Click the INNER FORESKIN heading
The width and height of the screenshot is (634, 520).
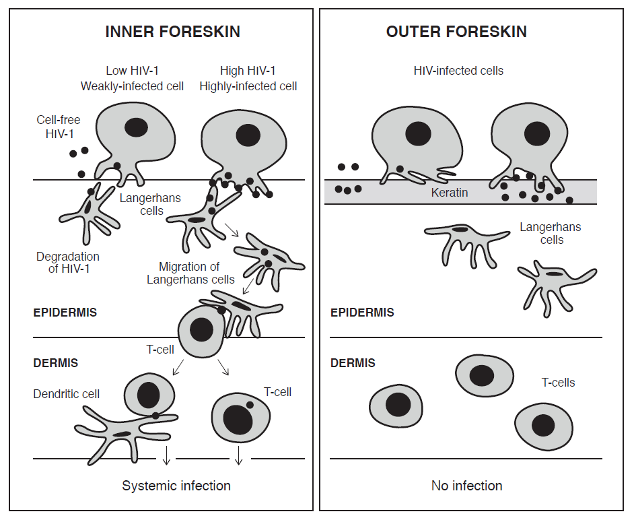pos(172,32)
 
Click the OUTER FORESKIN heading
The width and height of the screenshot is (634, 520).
pos(456,32)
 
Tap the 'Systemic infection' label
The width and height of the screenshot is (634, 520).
pos(176,486)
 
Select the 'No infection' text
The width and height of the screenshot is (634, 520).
pos(466,486)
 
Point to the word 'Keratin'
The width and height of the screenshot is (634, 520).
pos(450,193)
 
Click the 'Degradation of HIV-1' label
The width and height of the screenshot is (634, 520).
pos(67,263)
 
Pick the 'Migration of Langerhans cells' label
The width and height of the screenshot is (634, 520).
pos(190,273)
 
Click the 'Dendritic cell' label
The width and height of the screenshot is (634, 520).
pos(66,394)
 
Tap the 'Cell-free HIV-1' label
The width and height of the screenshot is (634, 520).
pos(59,127)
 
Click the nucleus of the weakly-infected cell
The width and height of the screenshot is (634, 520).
pos(136,127)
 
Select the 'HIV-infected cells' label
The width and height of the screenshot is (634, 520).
pos(458,71)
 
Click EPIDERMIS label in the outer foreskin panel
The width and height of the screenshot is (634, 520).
pos(362,313)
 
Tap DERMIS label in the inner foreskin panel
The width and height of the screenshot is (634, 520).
pos(56,363)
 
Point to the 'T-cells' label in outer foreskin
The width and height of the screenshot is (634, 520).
pos(558,382)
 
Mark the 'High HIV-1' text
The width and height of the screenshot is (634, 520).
pos(248,71)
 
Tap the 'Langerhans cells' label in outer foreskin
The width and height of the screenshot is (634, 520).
pos(550,233)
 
